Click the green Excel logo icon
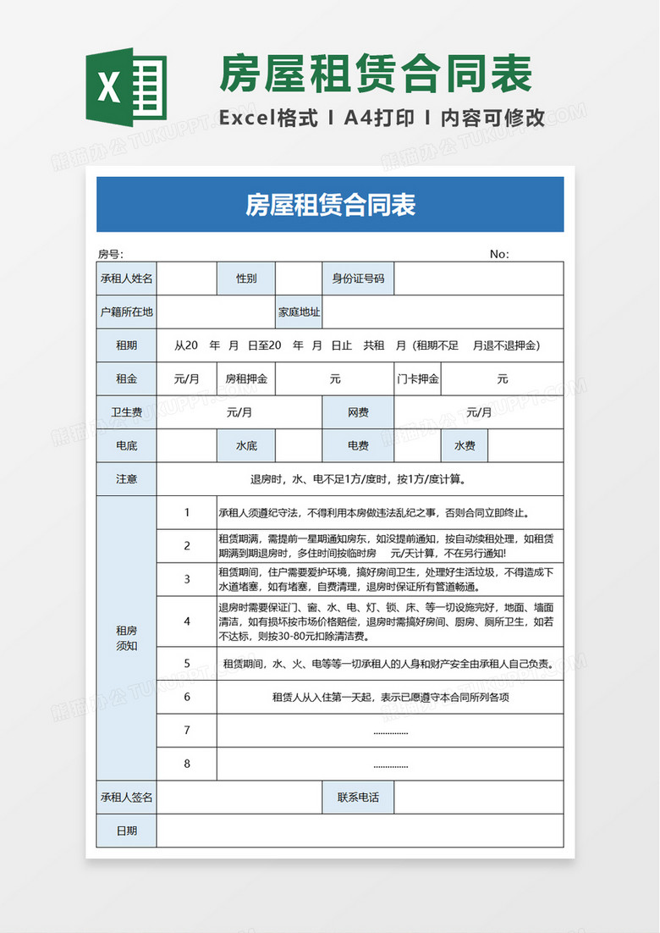[x=126, y=87]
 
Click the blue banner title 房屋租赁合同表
[x=330, y=204]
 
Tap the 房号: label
[x=110, y=254]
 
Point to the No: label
[x=499, y=254]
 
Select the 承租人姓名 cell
[x=127, y=279]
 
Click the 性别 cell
[x=246, y=279]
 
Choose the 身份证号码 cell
[x=358, y=279]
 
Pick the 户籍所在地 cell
[x=127, y=312]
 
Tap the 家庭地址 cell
[x=300, y=312]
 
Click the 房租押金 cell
[x=246, y=378]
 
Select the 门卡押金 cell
[x=418, y=378]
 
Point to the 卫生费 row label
[x=127, y=412]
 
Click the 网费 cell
[x=358, y=412]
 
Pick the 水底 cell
[x=246, y=445]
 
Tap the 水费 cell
[x=465, y=445]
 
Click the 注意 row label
[x=127, y=478]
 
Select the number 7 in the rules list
[x=187, y=730]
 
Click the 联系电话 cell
[x=358, y=797]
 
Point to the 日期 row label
[x=127, y=831]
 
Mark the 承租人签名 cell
[x=127, y=797]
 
